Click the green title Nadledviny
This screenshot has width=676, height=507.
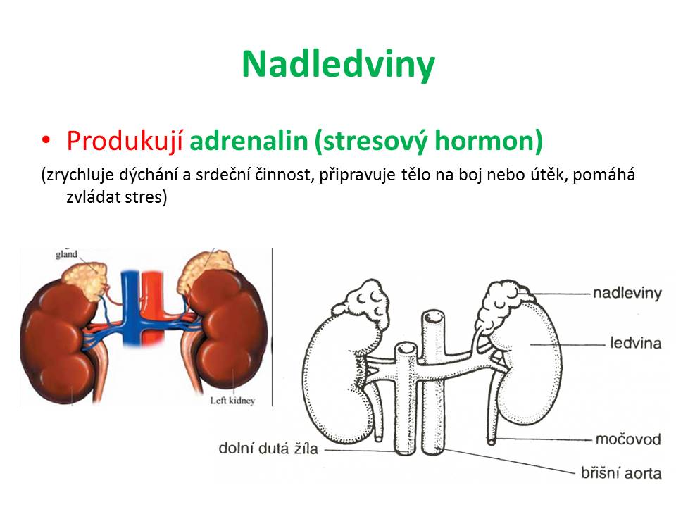[339, 65]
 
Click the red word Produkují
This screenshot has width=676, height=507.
[125, 141]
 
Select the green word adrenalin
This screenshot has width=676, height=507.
[249, 141]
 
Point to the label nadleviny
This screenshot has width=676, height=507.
[627, 293]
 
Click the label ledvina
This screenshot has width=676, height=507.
[635, 343]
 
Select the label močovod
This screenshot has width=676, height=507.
[628, 439]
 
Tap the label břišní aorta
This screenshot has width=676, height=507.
[621, 473]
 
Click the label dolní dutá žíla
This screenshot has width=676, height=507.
[268, 449]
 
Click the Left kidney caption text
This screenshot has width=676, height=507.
[232, 401]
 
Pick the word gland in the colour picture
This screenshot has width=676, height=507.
[66, 254]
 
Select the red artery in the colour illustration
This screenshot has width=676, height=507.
[152, 302]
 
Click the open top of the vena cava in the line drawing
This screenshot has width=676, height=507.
[406, 349]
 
